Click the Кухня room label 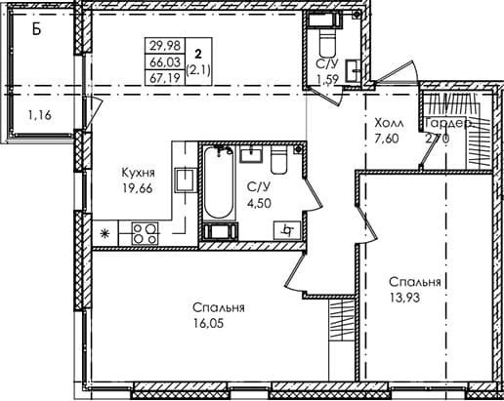138,173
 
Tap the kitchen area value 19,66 138,188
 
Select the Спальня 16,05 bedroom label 218,307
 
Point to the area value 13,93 404,297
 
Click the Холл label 389,124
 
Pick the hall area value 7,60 387,139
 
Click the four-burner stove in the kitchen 145,233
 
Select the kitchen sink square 186,180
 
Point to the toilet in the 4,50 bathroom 278,159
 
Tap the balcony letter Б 37,29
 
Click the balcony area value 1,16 40,115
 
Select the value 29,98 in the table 165,46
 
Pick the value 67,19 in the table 165,78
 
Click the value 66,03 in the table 165,61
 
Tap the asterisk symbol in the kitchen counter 105,233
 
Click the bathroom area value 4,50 259,204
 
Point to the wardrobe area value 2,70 438,139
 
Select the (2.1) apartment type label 198,70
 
